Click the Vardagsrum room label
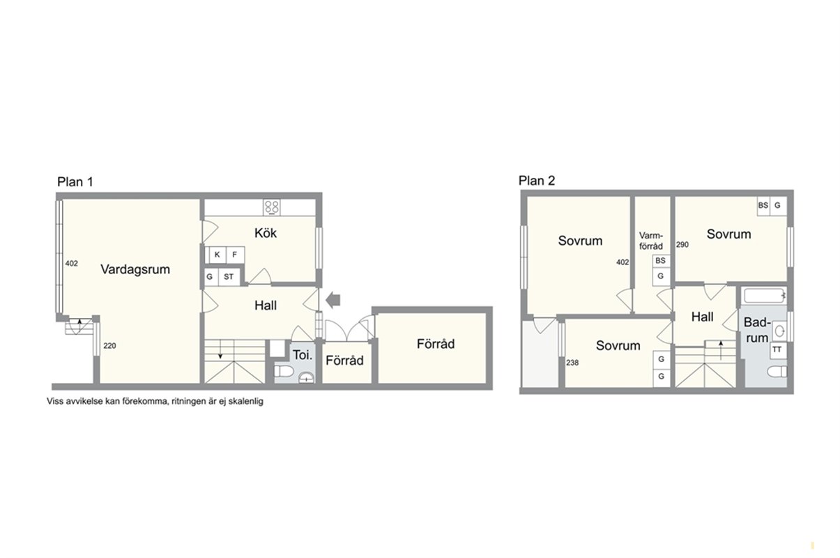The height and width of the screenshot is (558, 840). coord(135,269)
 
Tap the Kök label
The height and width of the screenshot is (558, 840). coord(266,233)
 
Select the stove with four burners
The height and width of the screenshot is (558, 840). coord(271,207)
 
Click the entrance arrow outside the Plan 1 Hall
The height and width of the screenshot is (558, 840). coord(333,300)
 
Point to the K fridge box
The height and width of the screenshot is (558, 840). coord(217,255)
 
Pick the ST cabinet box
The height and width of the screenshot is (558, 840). coord(229,277)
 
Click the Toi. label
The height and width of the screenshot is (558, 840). coord(303,355)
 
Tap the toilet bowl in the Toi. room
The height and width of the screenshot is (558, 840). coord(284,372)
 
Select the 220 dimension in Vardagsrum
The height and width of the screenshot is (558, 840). coord(109,346)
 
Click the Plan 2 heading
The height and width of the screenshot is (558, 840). coord(537,181)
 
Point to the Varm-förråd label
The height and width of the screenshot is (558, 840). coord(651,241)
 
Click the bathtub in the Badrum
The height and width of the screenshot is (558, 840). coord(765,296)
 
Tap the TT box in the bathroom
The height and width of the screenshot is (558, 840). coord(777,349)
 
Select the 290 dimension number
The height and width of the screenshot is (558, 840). coord(682,245)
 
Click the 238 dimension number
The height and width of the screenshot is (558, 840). coord(572,363)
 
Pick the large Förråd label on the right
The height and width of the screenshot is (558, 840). coord(436,344)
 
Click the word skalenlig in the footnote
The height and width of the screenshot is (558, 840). coord(246,402)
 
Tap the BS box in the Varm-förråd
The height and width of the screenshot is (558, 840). coord(660,261)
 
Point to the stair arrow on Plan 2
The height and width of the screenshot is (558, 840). coord(720,350)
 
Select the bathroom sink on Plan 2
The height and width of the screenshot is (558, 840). coord(780,331)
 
